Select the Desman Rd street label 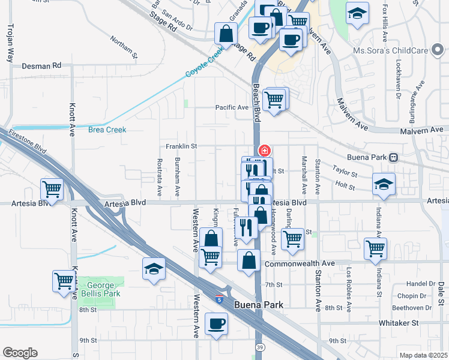[41, 65]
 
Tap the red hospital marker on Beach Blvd [264, 150]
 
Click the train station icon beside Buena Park [394, 157]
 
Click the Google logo [20, 353]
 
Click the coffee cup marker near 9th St [217, 324]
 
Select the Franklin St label [182, 146]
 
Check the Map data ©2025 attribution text [424, 355]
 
